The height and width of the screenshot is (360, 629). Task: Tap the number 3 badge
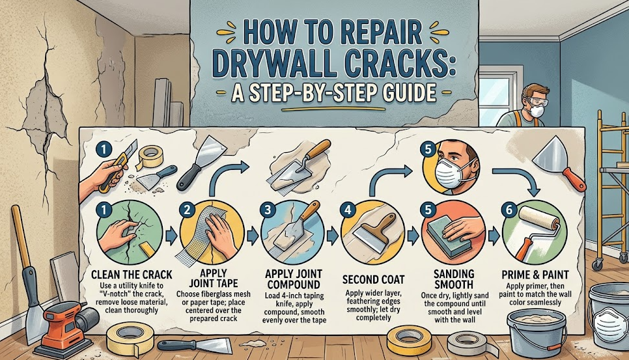[x=266, y=210]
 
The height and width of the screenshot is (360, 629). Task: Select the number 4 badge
[x=348, y=210]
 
